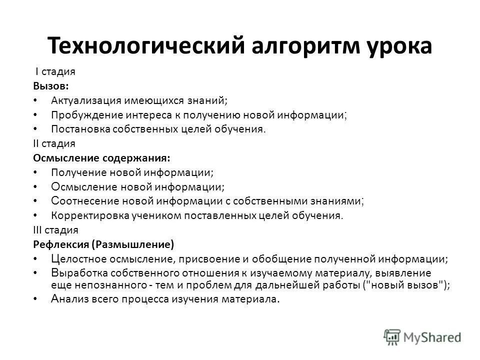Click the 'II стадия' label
[54, 143]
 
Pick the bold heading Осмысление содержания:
[101, 158]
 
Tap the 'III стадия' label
[55, 230]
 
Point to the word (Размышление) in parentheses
[133, 244]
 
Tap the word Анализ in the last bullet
[66, 299]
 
